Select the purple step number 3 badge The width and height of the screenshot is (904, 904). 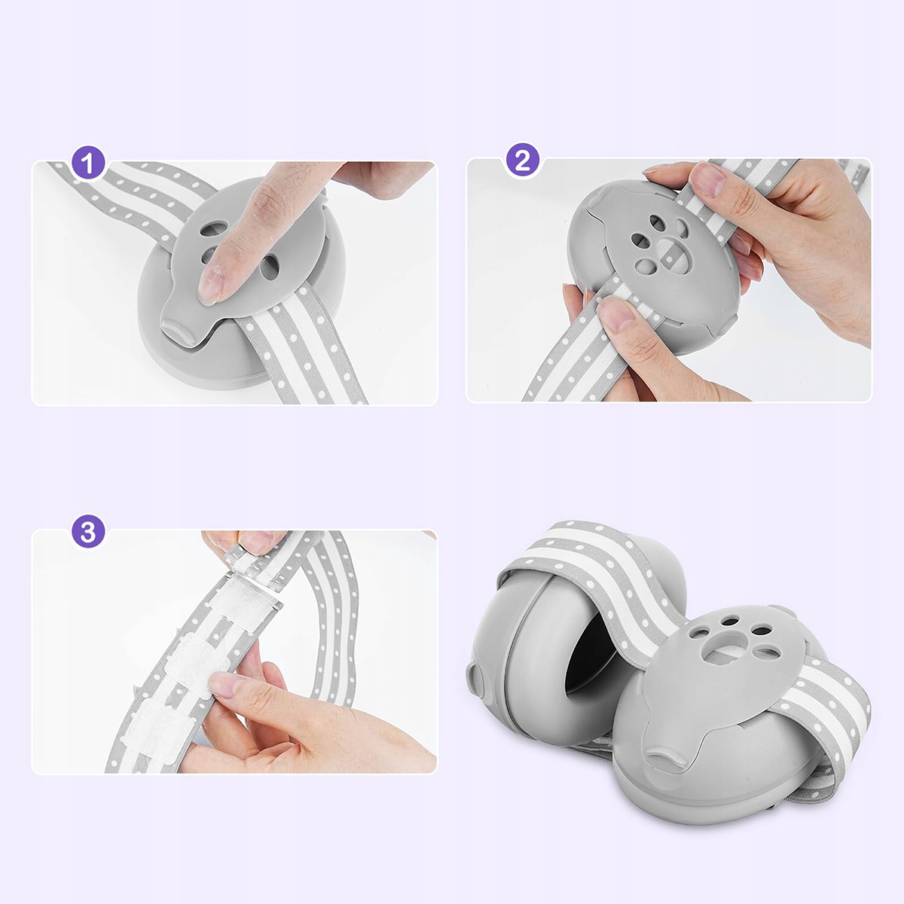(x=88, y=533)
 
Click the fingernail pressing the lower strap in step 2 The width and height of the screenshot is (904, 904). (x=616, y=314)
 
